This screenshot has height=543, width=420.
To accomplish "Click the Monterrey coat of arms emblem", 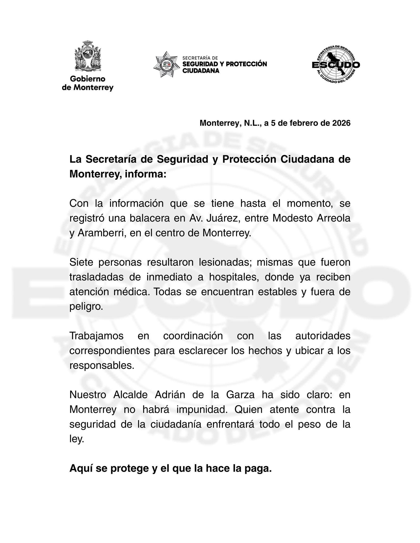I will point(88,56).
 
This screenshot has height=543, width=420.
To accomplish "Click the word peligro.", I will point(86,307).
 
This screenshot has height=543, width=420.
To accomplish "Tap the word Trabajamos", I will point(97,336).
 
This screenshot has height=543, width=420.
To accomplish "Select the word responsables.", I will point(102,366).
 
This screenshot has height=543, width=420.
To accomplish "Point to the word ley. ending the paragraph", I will point(77,439).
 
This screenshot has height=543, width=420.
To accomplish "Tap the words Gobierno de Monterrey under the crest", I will point(88,83).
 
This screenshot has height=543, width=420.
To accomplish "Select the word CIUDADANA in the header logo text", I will point(201,71).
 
